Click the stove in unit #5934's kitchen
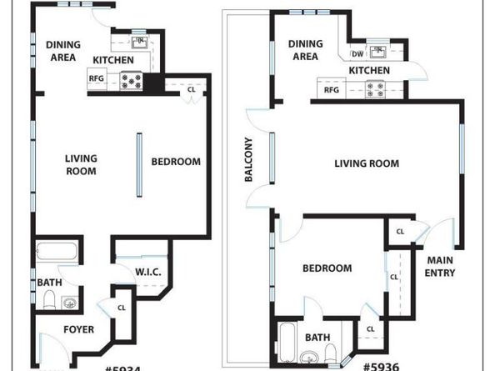pos(132,81)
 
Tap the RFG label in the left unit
pos(95,79)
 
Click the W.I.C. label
pos(147,272)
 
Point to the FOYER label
pos(78,329)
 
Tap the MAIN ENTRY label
pos(440,266)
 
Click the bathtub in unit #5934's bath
pos(57,251)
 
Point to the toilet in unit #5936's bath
pos(330,351)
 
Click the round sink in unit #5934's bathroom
pos(72,301)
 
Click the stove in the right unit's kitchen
pos(375,88)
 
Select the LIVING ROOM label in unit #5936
pos(367,164)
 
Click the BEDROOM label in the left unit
pos(176,162)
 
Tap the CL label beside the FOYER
pos(122,307)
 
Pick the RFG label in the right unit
pos(331,89)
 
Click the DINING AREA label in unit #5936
pos(304,51)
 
